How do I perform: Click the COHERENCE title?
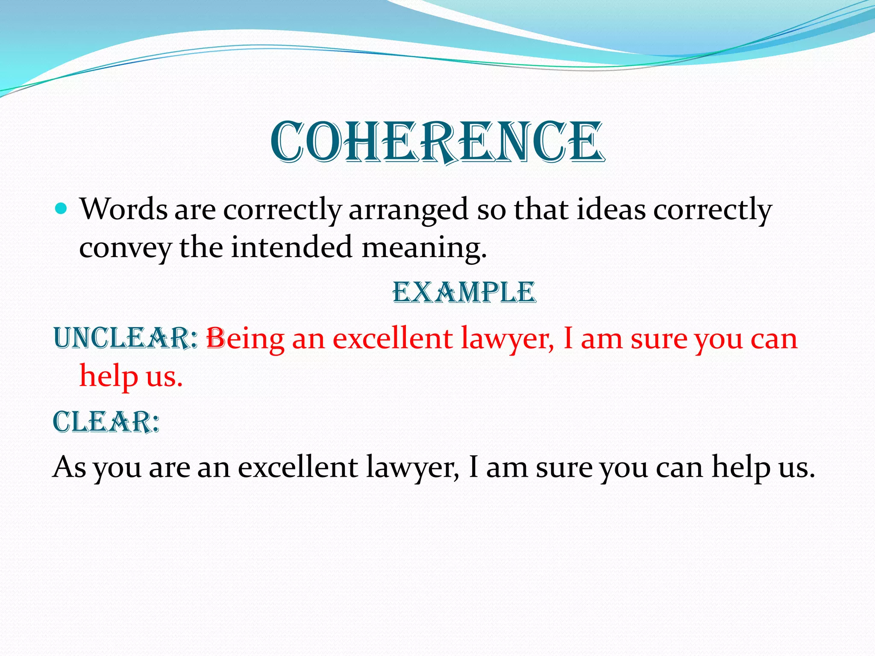pos(437,142)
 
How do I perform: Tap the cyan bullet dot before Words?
pos(62,209)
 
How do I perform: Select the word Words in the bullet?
pos(123,210)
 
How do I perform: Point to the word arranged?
pos(408,211)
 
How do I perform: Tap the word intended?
pos(292,247)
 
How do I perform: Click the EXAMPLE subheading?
pos(464,293)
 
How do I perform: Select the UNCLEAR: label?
pos(126,338)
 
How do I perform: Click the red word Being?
pos(245,340)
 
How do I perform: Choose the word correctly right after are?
pos(282,211)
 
